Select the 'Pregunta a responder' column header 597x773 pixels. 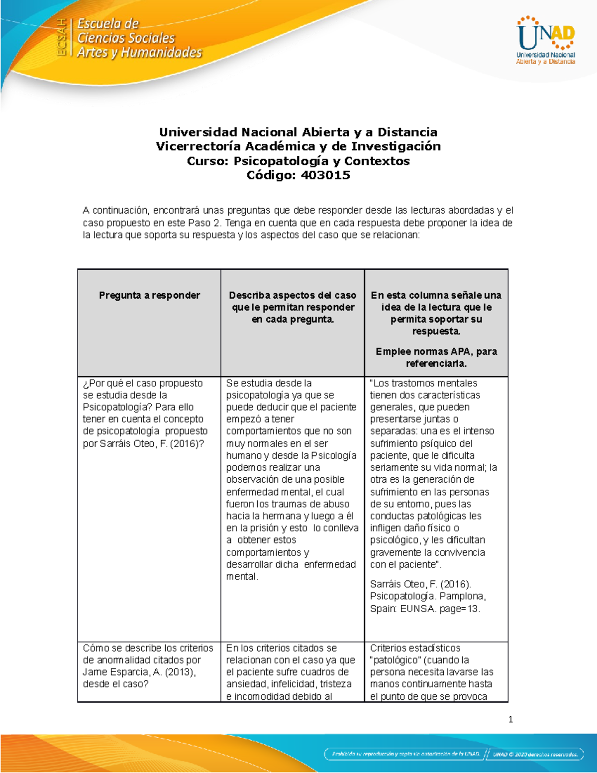[x=149, y=295]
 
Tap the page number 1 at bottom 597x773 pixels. [x=510, y=719]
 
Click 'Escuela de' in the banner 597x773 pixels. [x=108, y=23]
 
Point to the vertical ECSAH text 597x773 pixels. [x=62, y=37]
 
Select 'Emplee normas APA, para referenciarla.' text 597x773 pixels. [x=436, y=357]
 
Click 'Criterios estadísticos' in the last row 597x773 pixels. [x=415, y=648]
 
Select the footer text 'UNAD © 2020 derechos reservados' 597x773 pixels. [x=535, y=754]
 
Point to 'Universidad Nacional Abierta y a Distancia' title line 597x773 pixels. [x=298, y=132]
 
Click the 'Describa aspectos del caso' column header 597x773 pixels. [x=293, y=295]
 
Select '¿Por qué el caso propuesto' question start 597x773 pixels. [x=143, y=383]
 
